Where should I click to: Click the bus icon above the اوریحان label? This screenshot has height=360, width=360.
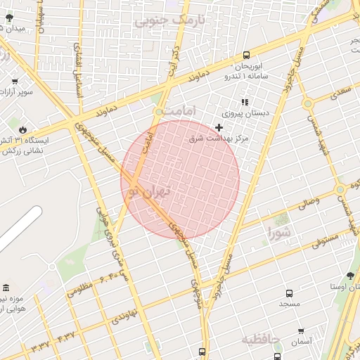click(x=245, y=55)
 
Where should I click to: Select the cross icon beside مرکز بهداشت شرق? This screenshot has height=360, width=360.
click(x=219, y=127)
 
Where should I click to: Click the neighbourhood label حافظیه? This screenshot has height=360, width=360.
click(x=261, y=340)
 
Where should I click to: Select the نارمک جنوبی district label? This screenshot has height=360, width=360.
click(x=171, y=21)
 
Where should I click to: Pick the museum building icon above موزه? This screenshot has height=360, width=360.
click(x=6, y=289)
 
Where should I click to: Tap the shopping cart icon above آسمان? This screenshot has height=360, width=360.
click(x=300, y=331)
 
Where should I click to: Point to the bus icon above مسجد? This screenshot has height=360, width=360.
click(x=288, y=293)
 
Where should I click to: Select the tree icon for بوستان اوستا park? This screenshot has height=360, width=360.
click(x=350, y=276)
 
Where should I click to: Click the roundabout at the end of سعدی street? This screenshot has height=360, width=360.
click(x=307, y=104)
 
